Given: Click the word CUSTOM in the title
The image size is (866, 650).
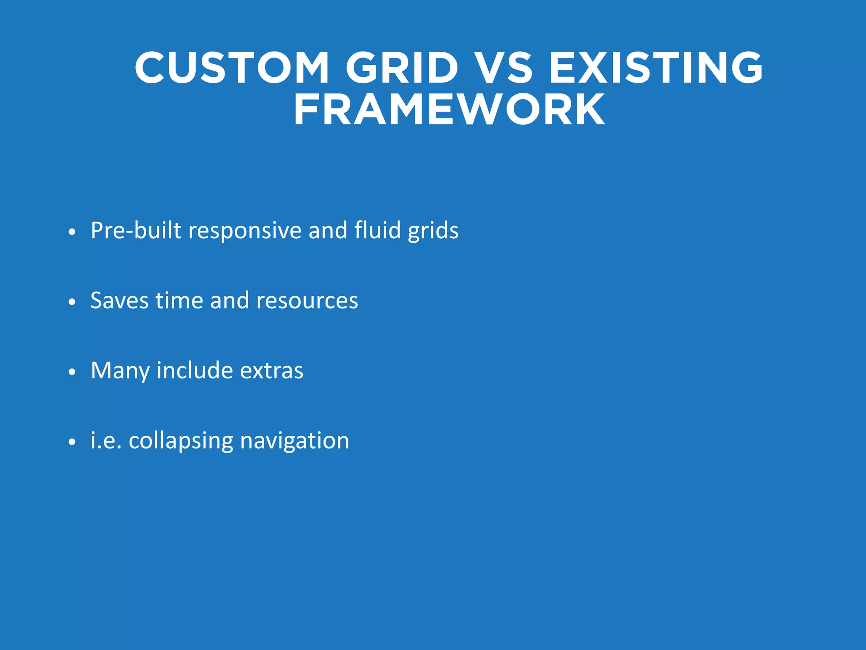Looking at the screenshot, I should pyautogui.click(x=232, y=68).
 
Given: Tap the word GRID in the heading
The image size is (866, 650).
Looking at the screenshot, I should pyautogui.click(x=402, y=68).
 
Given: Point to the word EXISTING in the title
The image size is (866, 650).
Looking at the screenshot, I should pyautogui.click(x=656, y=68).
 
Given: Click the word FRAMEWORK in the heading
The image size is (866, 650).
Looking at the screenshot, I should pyautogui.click(x=449, y=110).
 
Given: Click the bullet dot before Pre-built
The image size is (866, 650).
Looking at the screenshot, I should pyautogui.click(x=72, y=232).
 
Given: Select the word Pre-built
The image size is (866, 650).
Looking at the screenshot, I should pyautogui.click(x=136, y=231).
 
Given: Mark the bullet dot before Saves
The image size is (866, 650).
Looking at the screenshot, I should pyautogui.click(x=72, y=302).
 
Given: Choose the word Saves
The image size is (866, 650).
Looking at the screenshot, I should pyautogui.click(x=119, y=300).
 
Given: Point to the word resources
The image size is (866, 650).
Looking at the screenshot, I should pyautogui.click(x=307, y=301).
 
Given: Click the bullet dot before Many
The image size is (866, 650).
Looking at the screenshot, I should pyautogui.click(x=72, y=372).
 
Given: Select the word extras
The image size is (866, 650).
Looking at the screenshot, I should pyautogui.click(x=271, y=371).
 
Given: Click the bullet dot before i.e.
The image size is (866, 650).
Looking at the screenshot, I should pyautogui.click(x=72, y=442).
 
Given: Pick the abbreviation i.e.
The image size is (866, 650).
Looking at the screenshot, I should pyautogui.click(x=106, y=441).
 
